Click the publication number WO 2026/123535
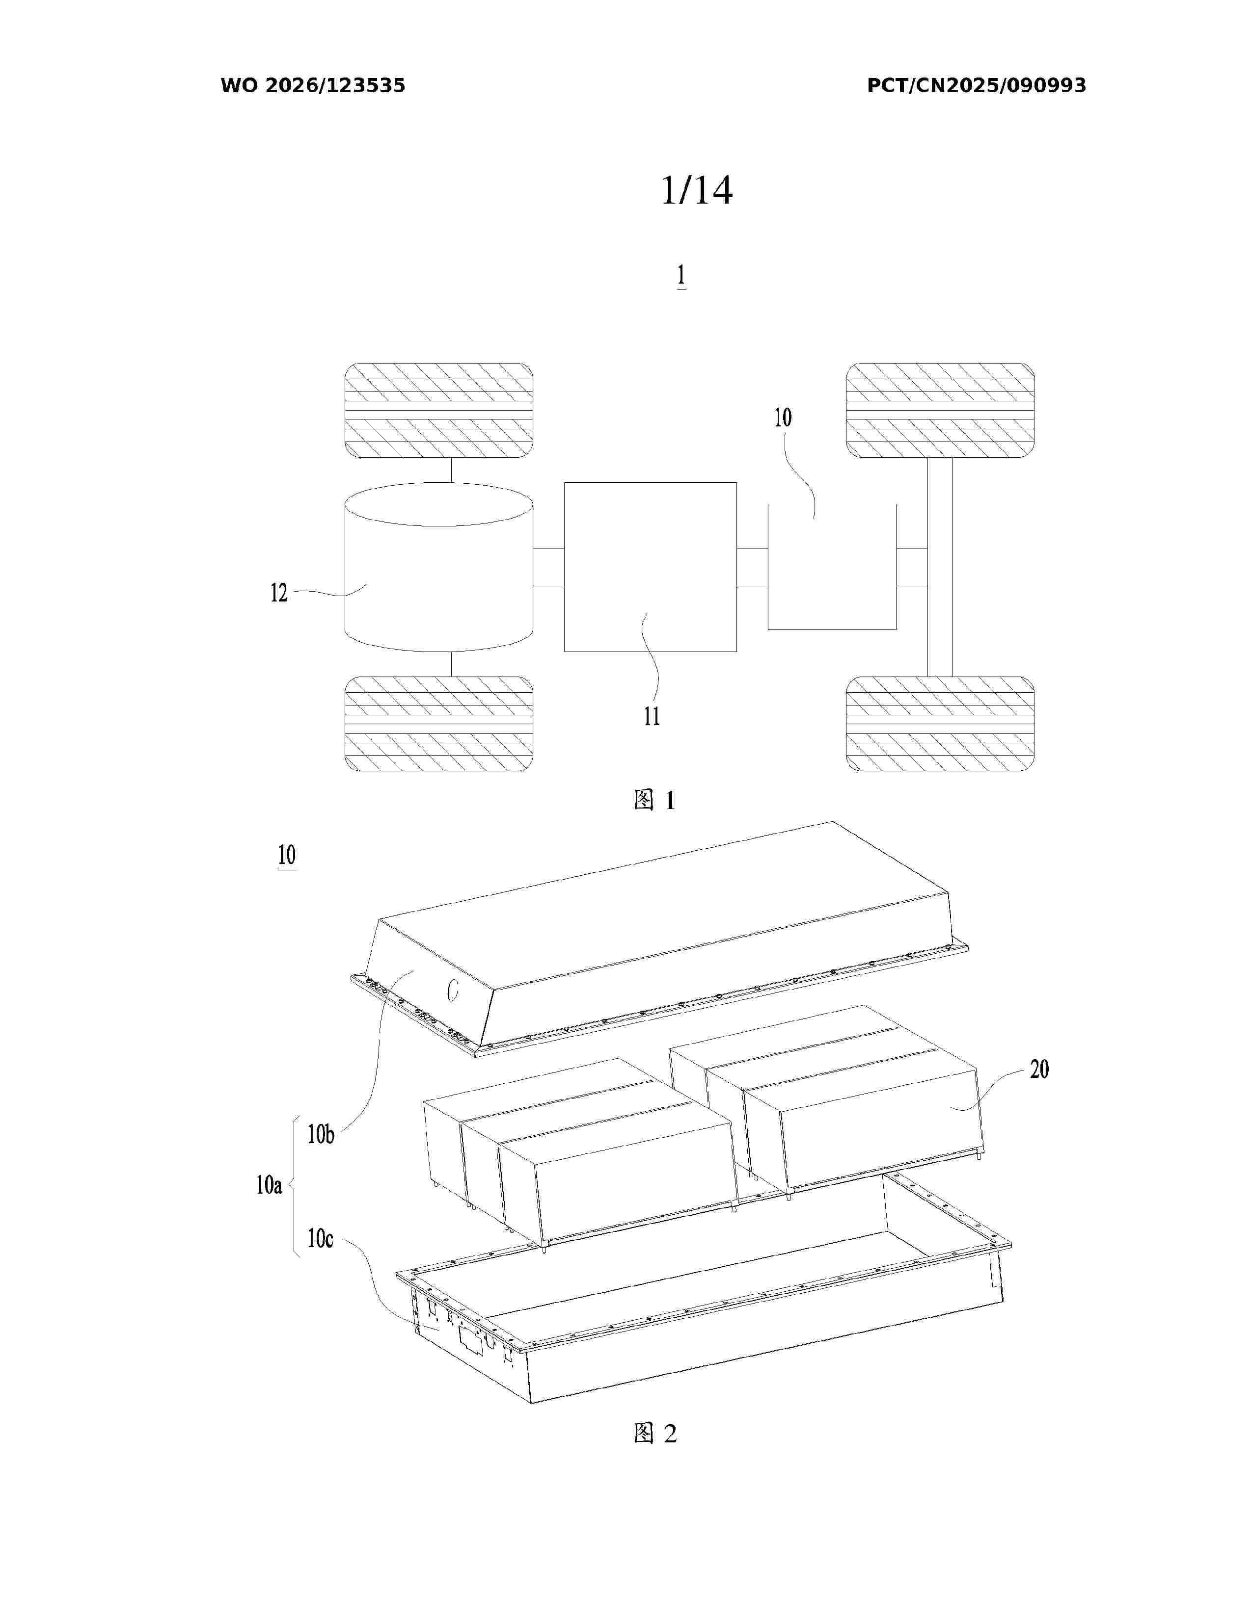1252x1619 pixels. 313,85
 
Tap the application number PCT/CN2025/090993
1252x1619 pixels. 976,85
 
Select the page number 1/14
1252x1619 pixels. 697,190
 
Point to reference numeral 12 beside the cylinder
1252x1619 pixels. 279,593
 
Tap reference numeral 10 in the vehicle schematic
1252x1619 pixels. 783,418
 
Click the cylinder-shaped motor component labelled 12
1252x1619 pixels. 438,567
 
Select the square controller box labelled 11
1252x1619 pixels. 651,567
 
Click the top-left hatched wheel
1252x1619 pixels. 438,410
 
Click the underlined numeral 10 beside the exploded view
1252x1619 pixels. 287,856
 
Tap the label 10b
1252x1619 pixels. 321,1134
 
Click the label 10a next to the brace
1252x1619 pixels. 269,1185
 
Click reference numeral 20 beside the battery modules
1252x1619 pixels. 1039,1069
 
